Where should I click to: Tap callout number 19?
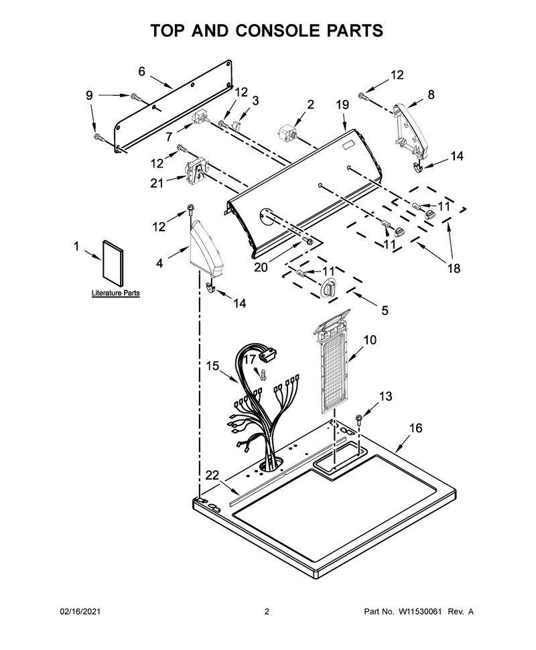point(342,105)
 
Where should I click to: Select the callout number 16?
point(415,428)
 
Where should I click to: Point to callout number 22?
point(212,476)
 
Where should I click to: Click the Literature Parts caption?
point(116,293)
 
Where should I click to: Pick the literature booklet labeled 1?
point(113,263)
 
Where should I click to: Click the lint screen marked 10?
point(331,361)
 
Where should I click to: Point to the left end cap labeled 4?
point(205,249)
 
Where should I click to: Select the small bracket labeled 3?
point(238,125)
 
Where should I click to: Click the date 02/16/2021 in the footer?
point(80,611)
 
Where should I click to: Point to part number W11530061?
point(420,611)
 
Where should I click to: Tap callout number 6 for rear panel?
point(142,72)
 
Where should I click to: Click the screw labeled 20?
point(307,241)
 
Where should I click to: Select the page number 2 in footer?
point(267,611)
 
